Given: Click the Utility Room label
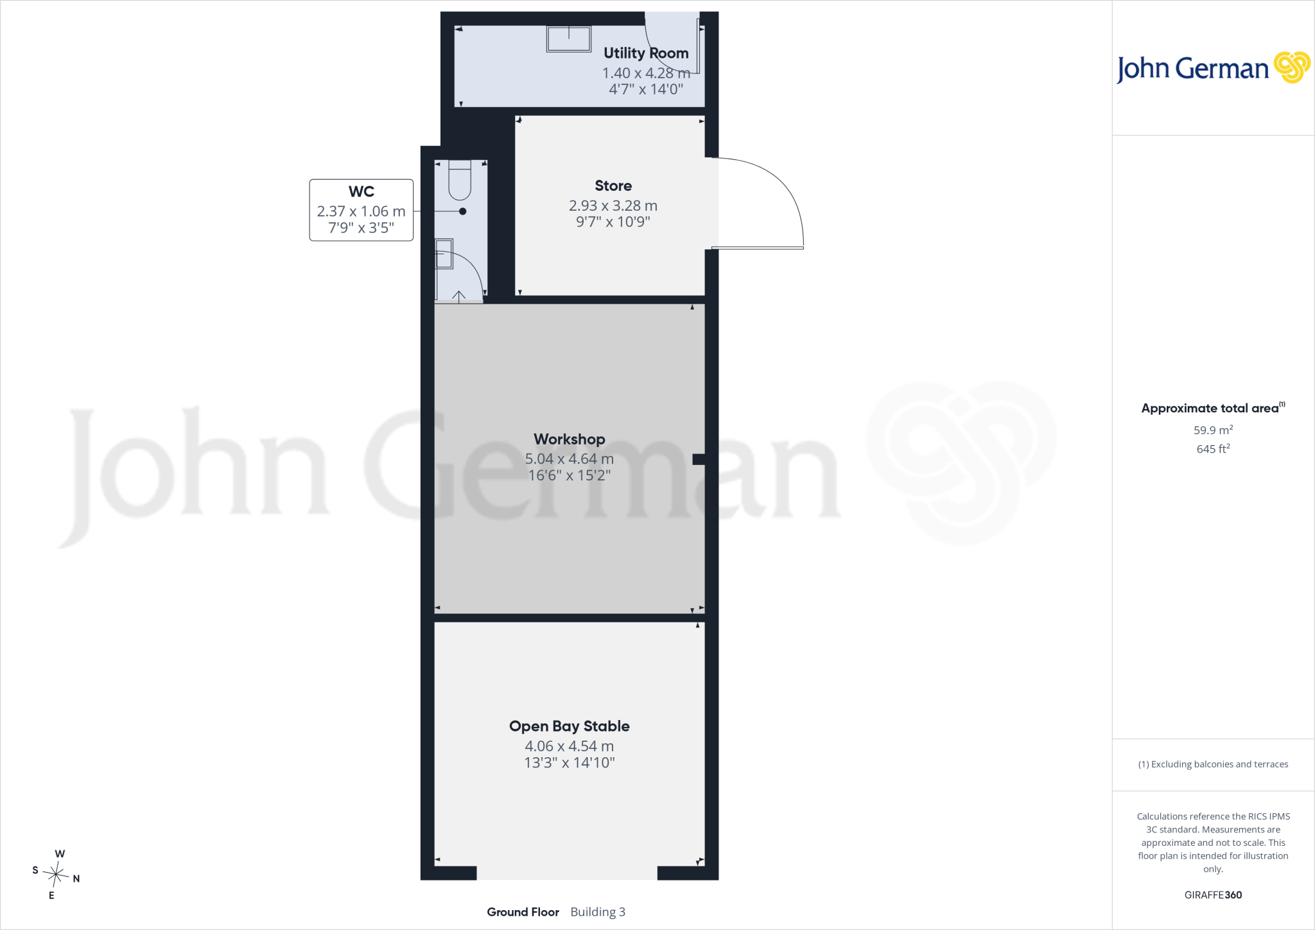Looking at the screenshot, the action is [x=646, y=53].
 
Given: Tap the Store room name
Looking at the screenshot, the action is [x=613, y=186].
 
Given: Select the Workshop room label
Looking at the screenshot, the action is [x=570, y=439].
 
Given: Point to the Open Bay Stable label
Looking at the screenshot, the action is [x=570, y=726].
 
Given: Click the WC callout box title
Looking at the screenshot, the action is [x=361, y=191].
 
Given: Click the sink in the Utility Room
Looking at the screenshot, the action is [x=569, y=39].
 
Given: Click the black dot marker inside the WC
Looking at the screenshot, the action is [x=462, y=211].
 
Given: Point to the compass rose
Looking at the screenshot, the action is [x=56, y=874].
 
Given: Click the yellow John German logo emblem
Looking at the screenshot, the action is [x=1292, y=67].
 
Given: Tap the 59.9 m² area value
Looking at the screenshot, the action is [x=1213, y=430].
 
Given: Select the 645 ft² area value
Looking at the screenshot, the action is [x=1213, y=449].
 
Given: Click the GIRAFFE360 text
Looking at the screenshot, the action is [x=1213, y=895].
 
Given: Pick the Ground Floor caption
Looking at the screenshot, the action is [x=523, y=912].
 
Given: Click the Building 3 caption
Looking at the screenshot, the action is [x=598, y=912].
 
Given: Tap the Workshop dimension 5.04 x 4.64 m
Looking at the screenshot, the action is [x=570, y=459].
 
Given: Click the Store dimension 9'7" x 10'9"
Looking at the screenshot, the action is [x=613, y=222].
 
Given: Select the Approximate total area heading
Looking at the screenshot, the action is [x=1213, y=408].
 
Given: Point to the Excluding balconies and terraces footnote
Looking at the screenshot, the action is [x=1213, y=764].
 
